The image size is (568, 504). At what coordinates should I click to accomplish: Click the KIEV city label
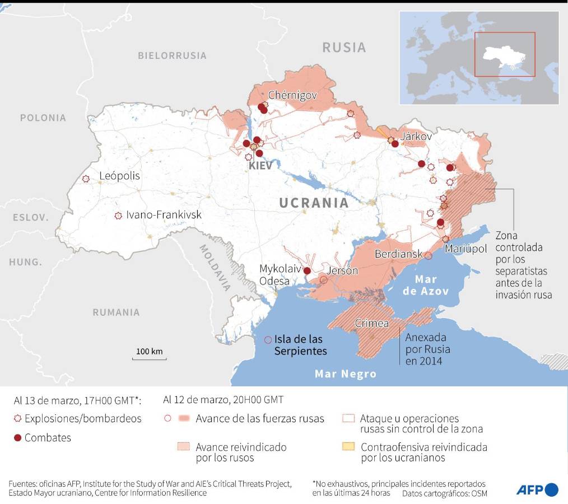(x=260, y=166)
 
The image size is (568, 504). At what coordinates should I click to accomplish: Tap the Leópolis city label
(x=119, y=176)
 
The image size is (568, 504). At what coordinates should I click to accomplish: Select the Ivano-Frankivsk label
(x=164, y=214)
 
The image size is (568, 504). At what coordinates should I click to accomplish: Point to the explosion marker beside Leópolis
(x=86, y=179)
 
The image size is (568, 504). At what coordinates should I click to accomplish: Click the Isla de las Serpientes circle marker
(x=268, y=339)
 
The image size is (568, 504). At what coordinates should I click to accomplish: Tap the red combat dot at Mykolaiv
(x=307, y=270)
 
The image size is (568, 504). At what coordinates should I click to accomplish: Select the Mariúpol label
(x=467, y=249)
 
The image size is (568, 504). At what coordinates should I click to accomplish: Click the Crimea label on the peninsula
(x=372, y=323)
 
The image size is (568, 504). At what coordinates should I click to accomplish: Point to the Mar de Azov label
(x=434, y=284)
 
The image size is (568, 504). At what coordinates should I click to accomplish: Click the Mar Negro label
(x=345, y=374)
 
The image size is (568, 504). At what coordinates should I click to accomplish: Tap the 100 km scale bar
(x=149, y=354)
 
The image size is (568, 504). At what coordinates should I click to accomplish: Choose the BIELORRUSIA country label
(x=172, y=55)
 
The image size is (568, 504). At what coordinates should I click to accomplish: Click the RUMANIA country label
(x=116, y=312)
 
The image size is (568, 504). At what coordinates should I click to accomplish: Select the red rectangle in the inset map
(x=505, y=54)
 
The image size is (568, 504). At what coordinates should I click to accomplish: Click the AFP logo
(x=537, y=489)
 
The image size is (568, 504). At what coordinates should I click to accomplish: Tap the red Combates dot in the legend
(x=17, y=438)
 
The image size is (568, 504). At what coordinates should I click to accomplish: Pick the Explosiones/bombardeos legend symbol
(x=17, y=419)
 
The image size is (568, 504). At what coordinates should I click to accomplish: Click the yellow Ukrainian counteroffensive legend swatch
(x=348, y=447)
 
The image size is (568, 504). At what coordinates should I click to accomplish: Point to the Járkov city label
(x=416, y=136)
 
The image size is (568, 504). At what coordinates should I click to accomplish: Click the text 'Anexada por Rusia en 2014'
(x=427, y=349)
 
